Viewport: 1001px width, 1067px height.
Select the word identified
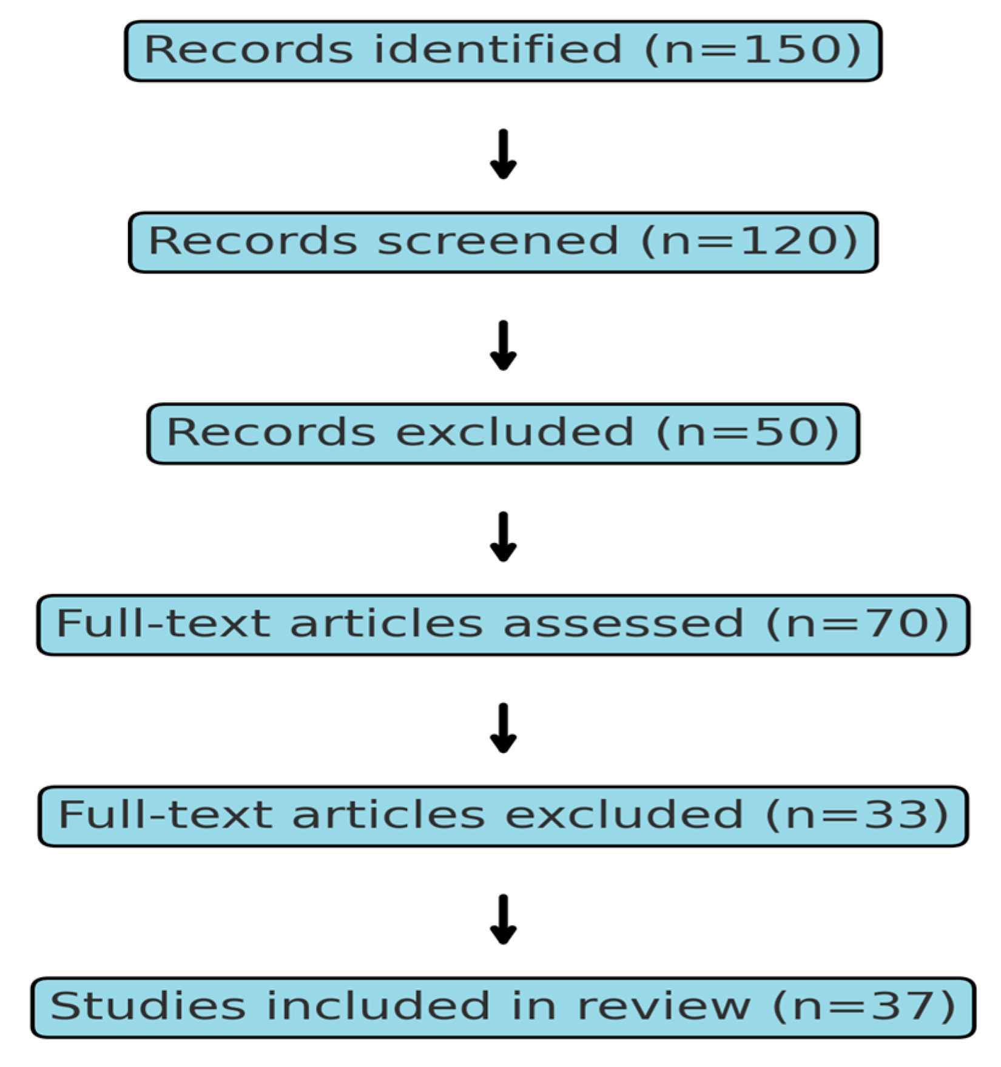497,50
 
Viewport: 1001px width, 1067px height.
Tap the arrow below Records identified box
503,154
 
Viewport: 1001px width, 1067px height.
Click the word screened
497,241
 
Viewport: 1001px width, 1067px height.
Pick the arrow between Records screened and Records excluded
503,345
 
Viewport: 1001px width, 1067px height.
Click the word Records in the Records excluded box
271,433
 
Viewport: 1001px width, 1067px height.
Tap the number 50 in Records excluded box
788,433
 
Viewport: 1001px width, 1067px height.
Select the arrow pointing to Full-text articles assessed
503,537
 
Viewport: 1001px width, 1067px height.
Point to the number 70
891,624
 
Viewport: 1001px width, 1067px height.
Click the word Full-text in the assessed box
163,624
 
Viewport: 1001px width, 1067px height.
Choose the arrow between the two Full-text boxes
503,728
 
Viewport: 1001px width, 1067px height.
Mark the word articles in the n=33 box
388,815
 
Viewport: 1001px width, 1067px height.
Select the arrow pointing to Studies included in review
503,919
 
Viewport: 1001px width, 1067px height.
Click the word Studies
147,1007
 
